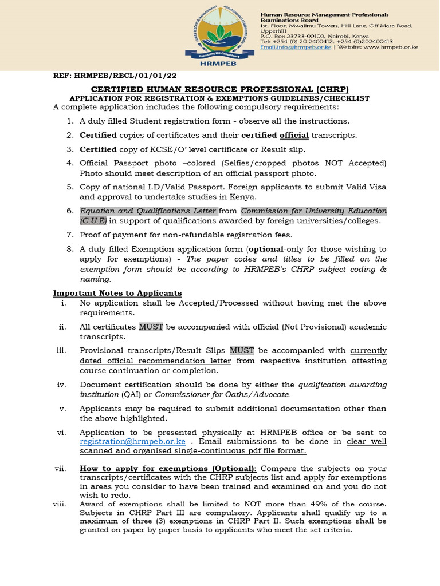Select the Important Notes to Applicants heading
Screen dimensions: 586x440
tap(117, 293)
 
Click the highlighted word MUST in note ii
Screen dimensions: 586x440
tap(151, 327)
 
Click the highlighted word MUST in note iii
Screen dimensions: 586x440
tap(242, 350)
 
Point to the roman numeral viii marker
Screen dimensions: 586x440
tap(60, 504)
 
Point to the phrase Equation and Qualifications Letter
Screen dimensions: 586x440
tap(148, 211)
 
